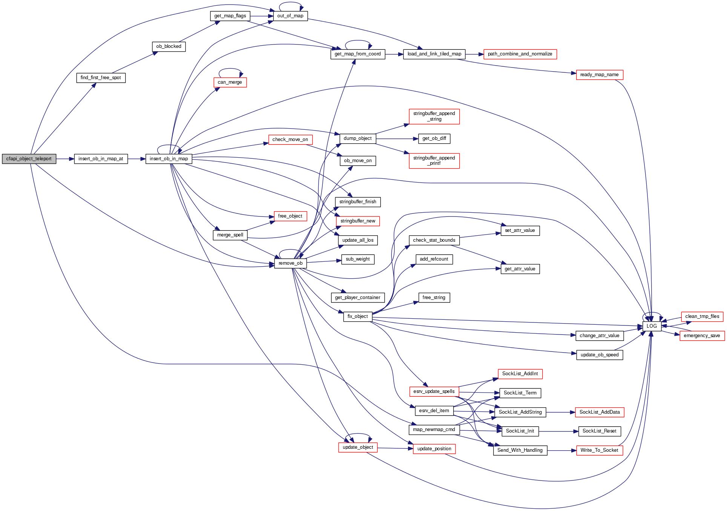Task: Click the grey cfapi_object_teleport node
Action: point(29,159)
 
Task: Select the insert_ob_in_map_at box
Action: point(101,159)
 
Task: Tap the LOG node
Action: point(652,326)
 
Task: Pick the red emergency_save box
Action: point(702,336)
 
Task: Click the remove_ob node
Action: point(290,263)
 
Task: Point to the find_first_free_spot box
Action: point(101,78)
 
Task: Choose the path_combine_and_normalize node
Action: point(520,54)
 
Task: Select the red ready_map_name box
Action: point(599,75)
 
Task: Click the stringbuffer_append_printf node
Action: point(434,161)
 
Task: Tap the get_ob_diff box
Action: point(434,138)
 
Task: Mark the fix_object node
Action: point(357,316)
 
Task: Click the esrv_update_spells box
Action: point(434,391)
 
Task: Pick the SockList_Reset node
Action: point(599,431)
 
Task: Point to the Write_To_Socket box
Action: point(599,450)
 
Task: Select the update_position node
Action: point(434,449)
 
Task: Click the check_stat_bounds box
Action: point(434,240)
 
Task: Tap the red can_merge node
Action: point(230,82)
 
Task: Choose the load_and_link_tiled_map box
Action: point(434,54)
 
